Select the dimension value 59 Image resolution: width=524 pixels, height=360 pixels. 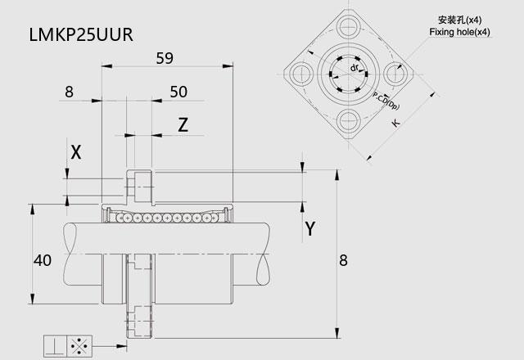coord(165,58)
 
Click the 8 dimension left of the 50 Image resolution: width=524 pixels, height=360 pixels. coord(68,92)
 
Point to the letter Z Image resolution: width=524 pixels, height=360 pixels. coord(183,125)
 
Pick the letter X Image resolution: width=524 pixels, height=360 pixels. coord(76,151)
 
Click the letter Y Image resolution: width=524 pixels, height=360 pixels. coord(310,228)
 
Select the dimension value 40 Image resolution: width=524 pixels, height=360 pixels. coord(43,261)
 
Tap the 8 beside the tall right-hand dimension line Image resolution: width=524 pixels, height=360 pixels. coord(343,261)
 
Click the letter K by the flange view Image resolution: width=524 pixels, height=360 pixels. coord(395,124)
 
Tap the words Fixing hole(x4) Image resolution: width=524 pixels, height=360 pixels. coord(459,32)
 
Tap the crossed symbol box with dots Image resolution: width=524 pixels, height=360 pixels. coord(82,346)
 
